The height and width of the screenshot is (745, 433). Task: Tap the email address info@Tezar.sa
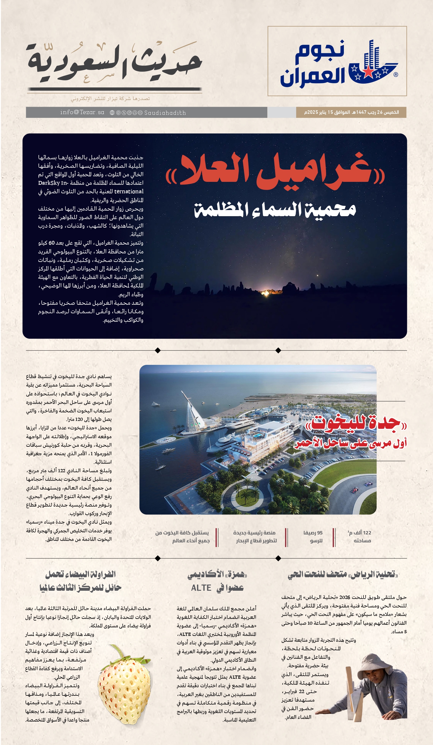82,112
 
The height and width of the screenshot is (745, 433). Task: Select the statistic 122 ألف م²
359,533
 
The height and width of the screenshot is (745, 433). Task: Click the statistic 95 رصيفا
313,533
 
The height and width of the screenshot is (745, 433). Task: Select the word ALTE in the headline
201,588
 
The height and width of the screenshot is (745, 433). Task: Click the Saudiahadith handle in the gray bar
165,113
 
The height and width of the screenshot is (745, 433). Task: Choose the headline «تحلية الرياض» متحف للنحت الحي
343,574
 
